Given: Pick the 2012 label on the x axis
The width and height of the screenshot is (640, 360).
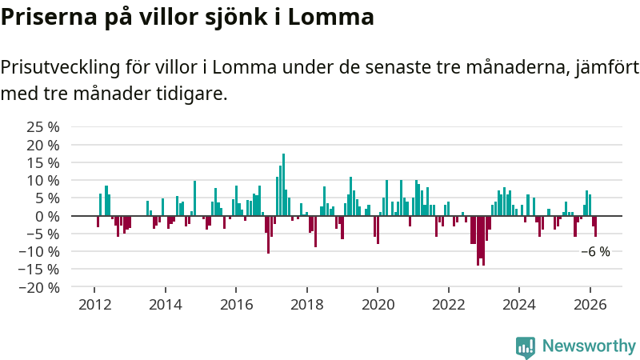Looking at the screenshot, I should pos(94,304).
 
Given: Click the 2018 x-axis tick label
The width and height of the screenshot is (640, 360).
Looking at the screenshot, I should pos(306,304).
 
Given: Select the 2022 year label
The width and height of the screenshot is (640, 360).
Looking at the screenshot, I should pos(448,304).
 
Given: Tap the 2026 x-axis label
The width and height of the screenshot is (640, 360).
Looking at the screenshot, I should pos(590,304).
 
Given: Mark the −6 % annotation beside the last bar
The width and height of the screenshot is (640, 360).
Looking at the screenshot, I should pos(595,252).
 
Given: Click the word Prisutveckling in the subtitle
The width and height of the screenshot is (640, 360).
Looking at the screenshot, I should pos(61,67).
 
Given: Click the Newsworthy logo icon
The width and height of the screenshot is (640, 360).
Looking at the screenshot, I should pos(526,346).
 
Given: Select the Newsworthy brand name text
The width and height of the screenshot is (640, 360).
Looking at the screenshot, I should pos(589,346).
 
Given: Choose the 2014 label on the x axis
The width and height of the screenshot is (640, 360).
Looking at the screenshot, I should pos(165,304).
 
